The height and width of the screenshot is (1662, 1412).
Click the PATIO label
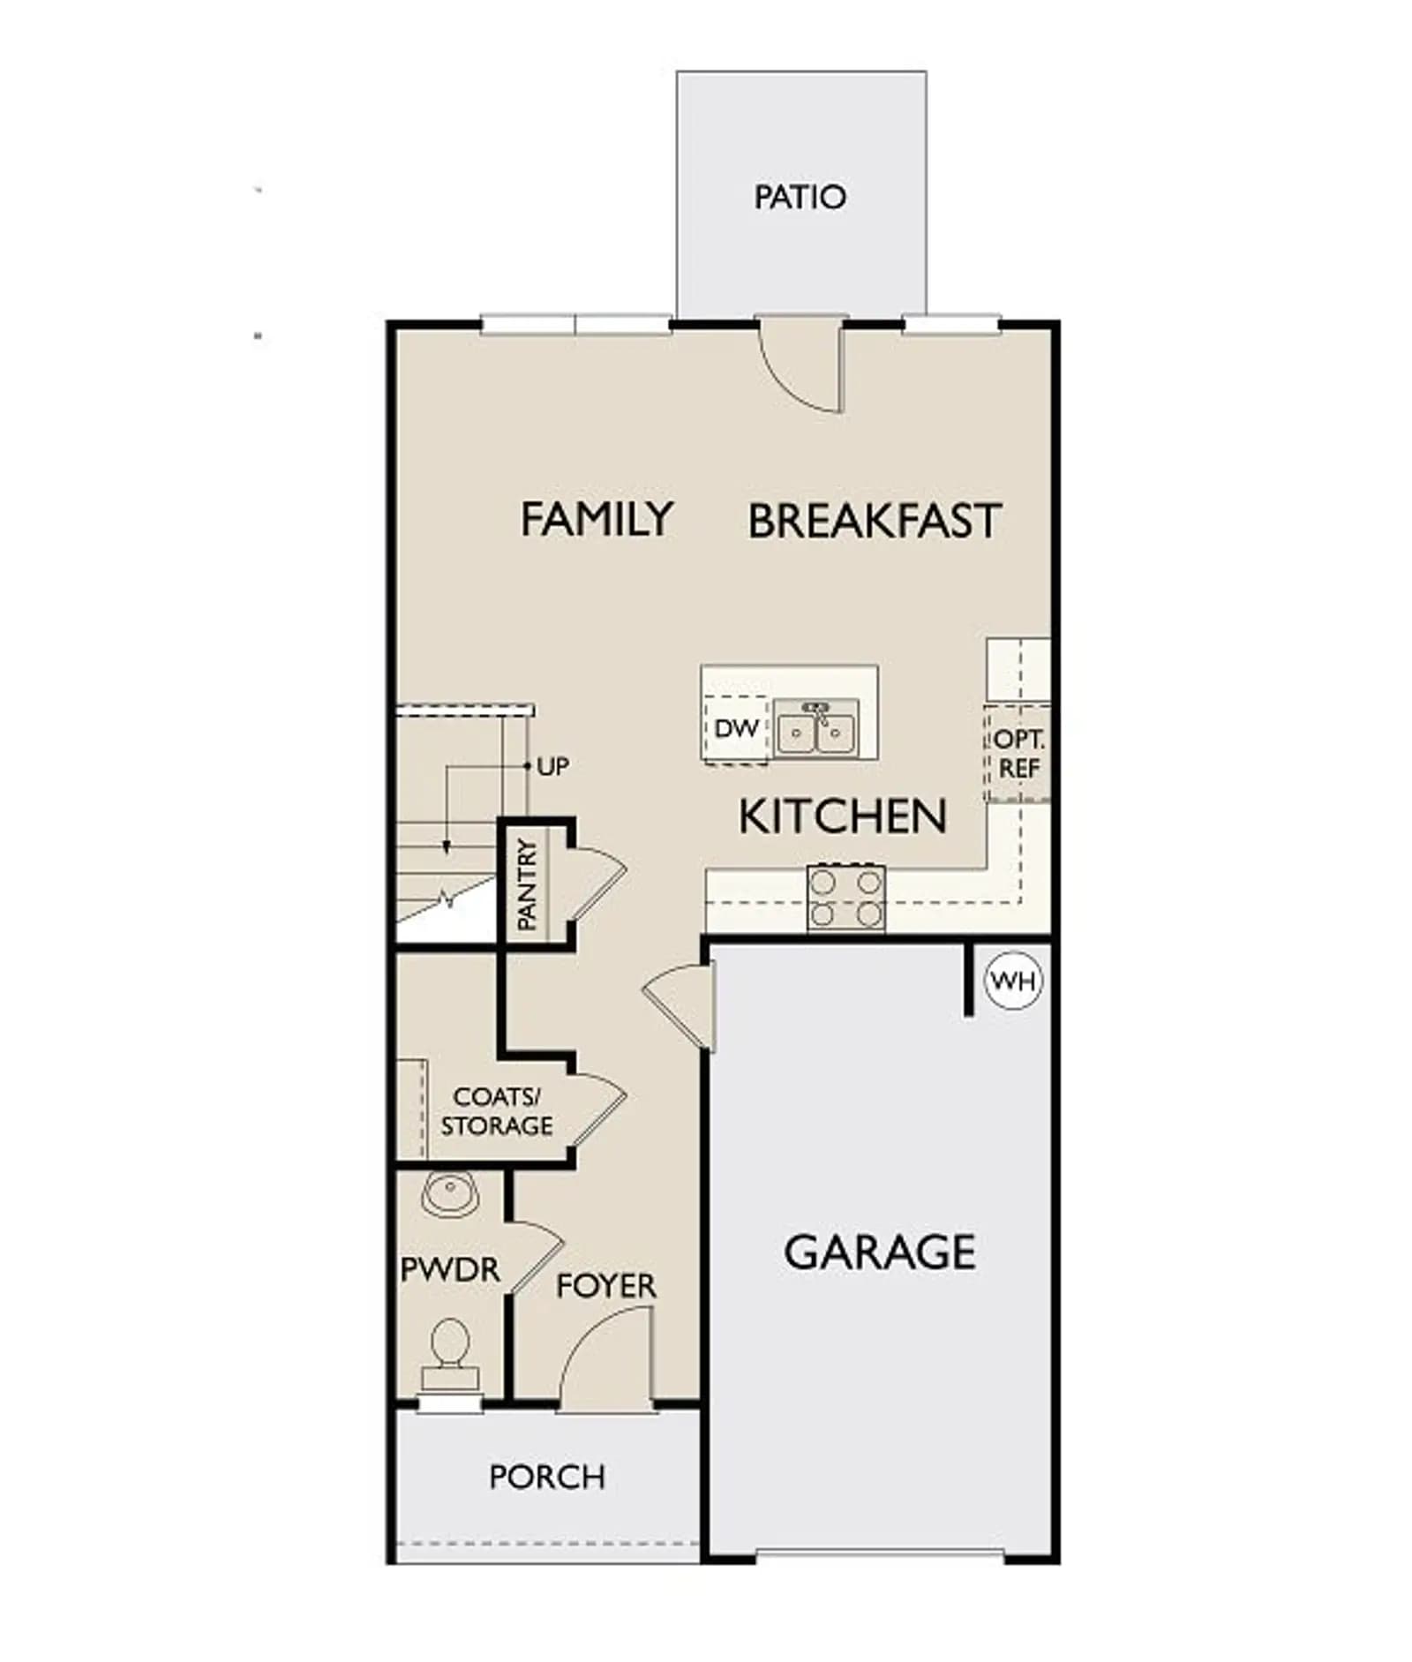click(x=800, y=197)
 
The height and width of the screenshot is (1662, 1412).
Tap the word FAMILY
click(x=597, y=519)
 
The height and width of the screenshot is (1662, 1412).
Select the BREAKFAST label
click(x=875, y=521)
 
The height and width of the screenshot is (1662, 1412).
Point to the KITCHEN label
click(x=842, y=816)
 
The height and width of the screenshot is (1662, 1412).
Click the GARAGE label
click(x=880, y=1252)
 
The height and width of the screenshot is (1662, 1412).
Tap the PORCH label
click(x=547, y=1477)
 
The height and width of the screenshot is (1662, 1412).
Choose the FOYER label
click(x=606, y=1286)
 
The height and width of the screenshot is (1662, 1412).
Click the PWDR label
click(x=450, y=1270)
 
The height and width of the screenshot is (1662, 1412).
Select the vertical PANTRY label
click(x=527, y=884)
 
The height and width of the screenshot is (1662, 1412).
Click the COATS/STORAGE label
click(x=497, y=1111)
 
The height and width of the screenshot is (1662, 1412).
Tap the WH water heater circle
click(x=1013, y=981)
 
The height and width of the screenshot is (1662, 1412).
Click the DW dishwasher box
click(x=737, y=729)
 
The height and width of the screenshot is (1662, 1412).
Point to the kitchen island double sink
click(x=815, y=727)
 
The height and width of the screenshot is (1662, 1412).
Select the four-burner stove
click(x=845, y=898)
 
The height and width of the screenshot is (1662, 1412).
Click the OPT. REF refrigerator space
click(x=1018, y=753)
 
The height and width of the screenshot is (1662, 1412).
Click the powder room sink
click(x=450, y=1194)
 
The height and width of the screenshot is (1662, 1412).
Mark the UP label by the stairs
click(x=553, y=767)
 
